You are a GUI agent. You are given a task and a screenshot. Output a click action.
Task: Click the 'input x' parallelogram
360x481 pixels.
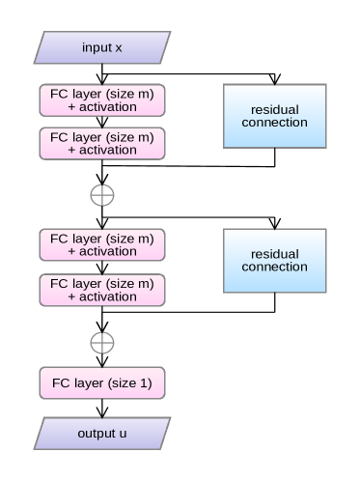pyautogui.click(x=101, y=47)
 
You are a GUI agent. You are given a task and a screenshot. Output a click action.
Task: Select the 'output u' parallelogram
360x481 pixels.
pyautogui.click(x=101, y=433)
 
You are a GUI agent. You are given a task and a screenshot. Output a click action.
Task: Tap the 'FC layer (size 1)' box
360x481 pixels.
pyautogui.click(x=101, y=383)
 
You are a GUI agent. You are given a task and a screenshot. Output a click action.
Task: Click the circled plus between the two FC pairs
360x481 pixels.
pyautogui.click(x=101, y=195)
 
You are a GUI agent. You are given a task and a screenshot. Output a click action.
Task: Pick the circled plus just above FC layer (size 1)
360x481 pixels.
pyautogui.click(x=101, y=342)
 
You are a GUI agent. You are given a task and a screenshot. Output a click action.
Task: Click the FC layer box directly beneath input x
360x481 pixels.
pyautogui.click(x=101, y=99)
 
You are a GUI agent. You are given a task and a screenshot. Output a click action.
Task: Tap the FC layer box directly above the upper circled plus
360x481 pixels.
pyautogui.click(x=101, y=143)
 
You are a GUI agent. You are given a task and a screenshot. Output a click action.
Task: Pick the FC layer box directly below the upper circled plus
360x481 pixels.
pyautogui.click(x=101, y=244)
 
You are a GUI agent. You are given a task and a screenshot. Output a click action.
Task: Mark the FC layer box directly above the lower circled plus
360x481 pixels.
pyautogui.click(x=101, y=289)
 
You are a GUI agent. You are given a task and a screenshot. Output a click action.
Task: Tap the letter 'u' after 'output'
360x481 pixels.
pyautogui.click(x=124, y=433)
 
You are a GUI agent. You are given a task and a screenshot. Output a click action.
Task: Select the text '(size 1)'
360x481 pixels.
pyautogui.click(x=131, y=383)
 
